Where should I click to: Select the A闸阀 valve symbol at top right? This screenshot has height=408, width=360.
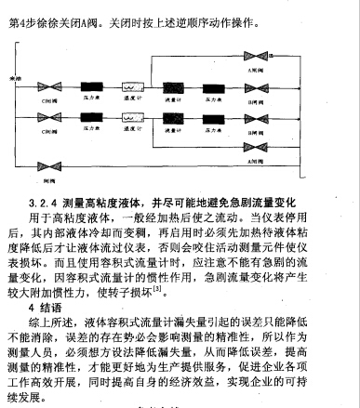coord(277,58)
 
